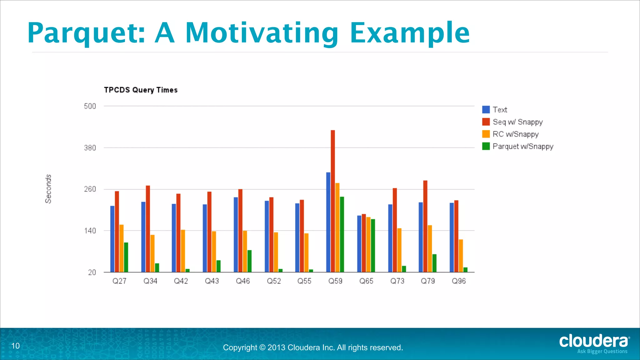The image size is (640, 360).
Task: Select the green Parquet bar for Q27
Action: pos(126,257)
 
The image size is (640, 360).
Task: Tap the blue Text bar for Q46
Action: pos(236,234)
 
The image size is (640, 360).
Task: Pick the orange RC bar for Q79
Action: pos(430,248)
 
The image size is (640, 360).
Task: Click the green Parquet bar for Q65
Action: pos(373,245)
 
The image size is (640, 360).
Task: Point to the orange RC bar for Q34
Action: pos(152,253)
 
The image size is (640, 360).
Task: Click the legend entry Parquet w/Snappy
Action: pos(523,146)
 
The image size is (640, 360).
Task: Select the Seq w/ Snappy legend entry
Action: pos(517,122)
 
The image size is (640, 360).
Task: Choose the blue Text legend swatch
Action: pos(486,110)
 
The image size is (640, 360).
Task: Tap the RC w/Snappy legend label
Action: pos(516,134)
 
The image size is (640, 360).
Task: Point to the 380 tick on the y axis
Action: pos(90,148)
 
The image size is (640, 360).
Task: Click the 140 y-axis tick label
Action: pos(90,231)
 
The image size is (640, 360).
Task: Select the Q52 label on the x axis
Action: pos(274,281)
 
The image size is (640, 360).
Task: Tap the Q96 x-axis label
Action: pos(459,281)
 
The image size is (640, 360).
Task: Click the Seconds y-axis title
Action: pos(48,189)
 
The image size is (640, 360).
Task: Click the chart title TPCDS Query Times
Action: pos(141,90)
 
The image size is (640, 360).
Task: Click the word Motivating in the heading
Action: pos(262,33)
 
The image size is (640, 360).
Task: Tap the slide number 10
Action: pos(15,346)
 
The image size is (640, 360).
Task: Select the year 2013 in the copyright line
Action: pos(276,347)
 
